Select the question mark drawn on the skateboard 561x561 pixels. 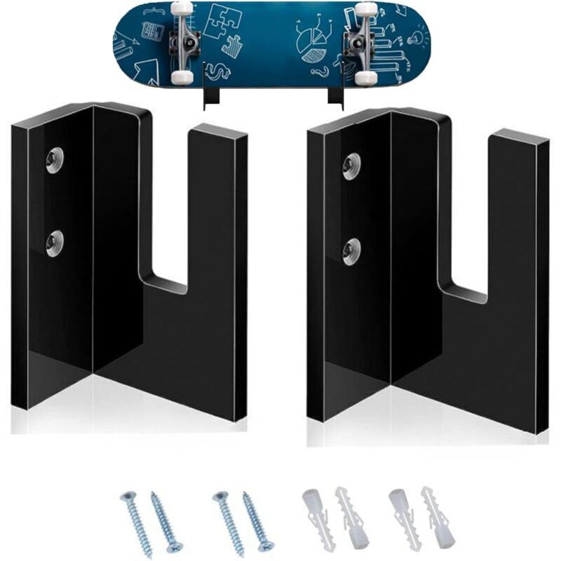click(320, 72)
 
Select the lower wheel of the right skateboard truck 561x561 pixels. click(365, 74)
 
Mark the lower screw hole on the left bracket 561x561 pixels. click(54, 243)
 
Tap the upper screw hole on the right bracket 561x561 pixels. click(351, 165)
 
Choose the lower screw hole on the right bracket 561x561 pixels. click(351, 250)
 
